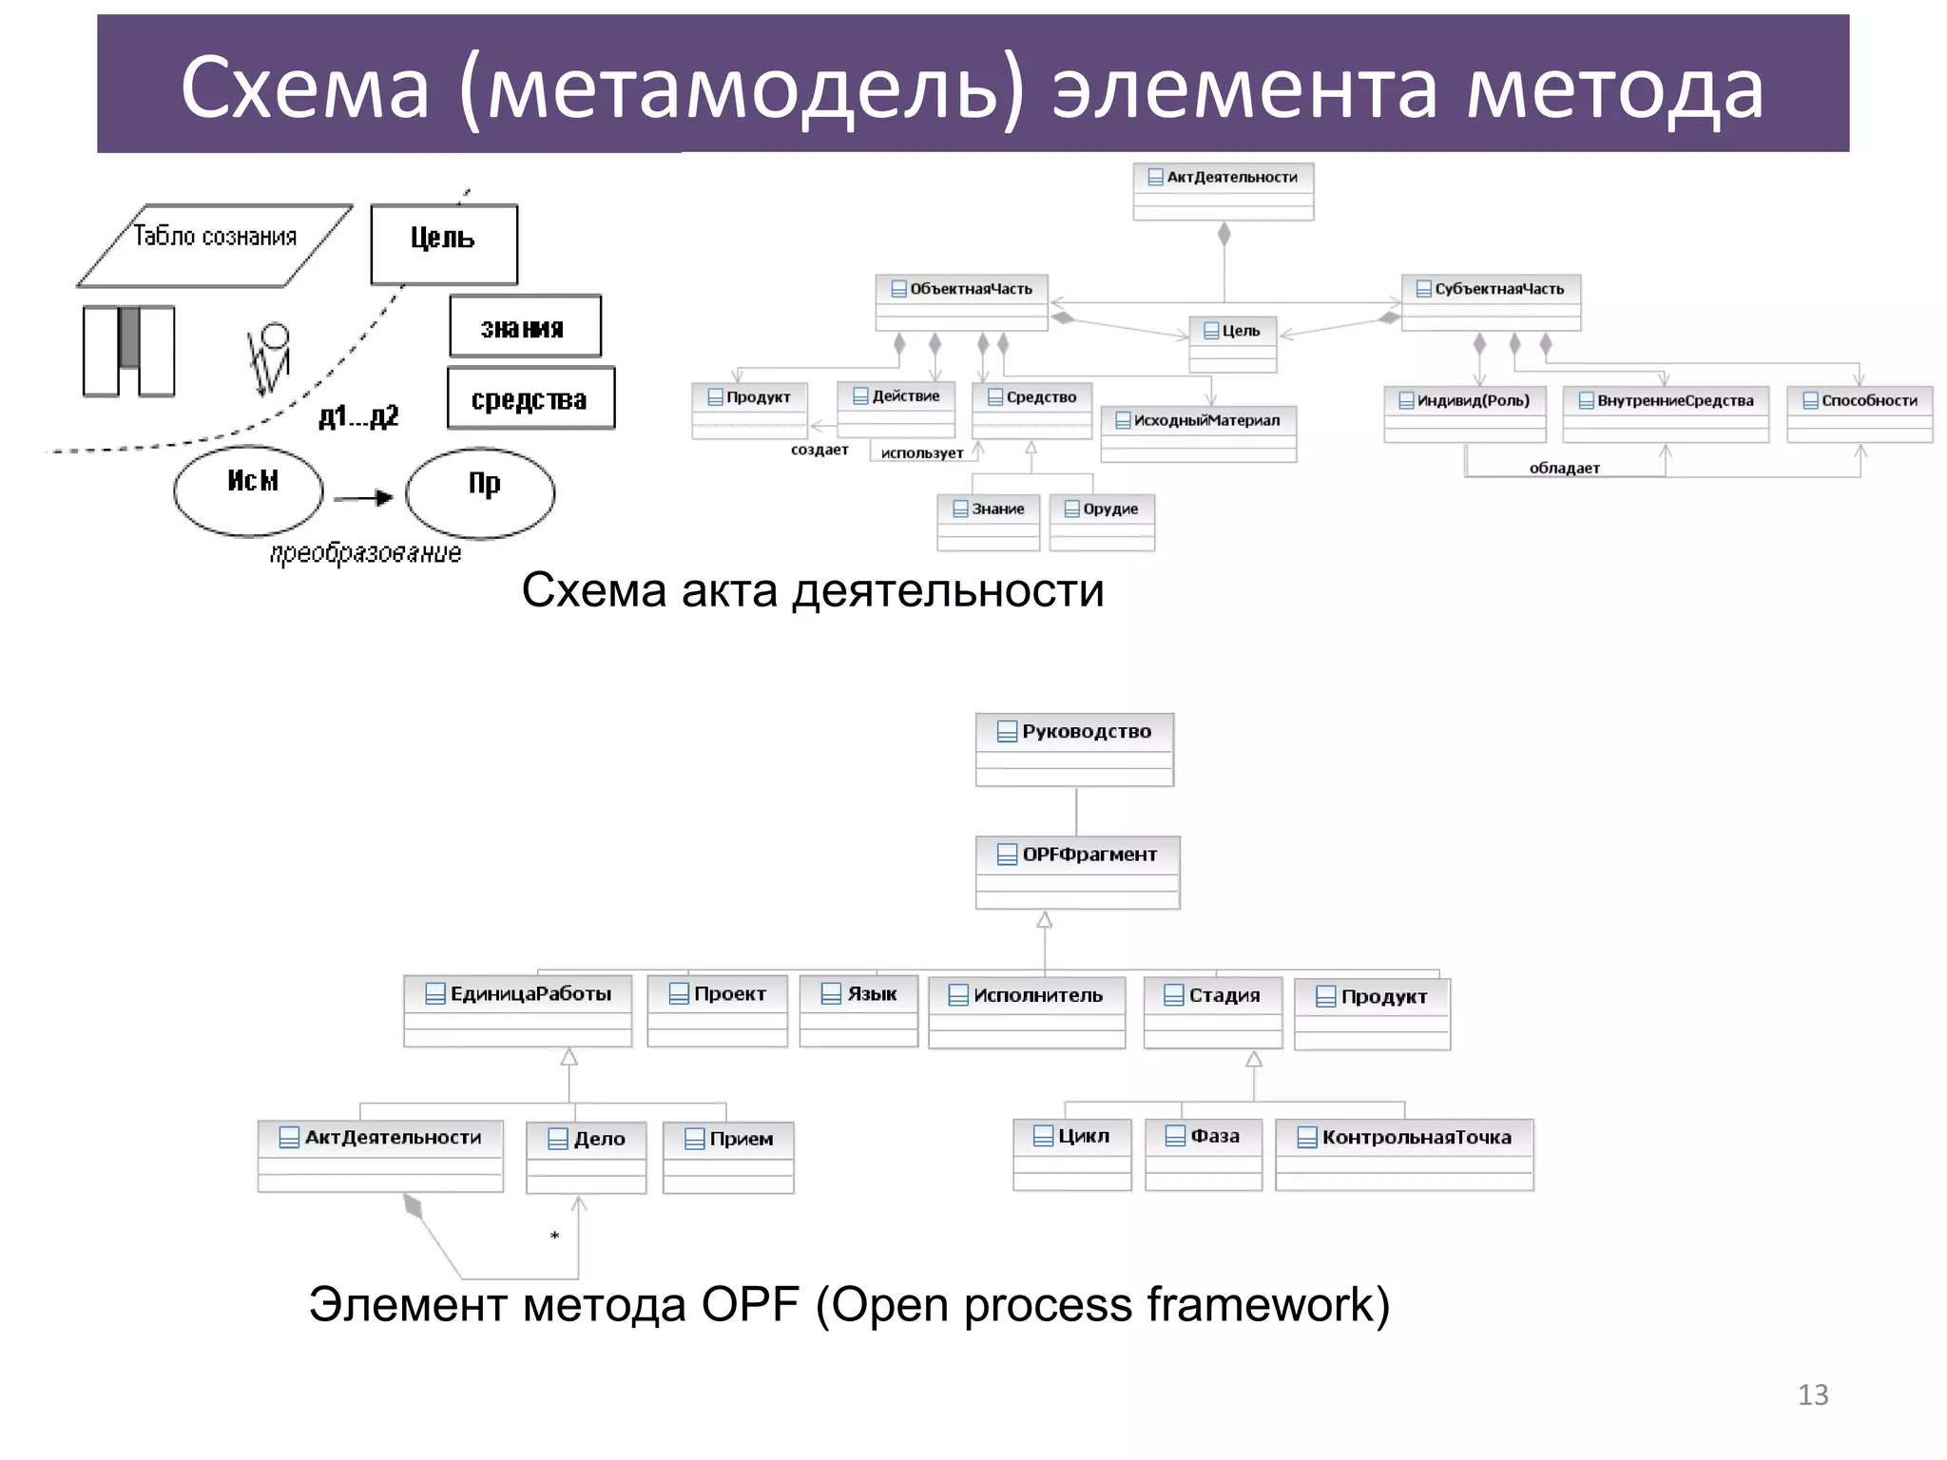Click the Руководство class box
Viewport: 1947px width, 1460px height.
tap(1074, 749)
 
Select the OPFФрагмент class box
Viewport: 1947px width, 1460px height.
tap(1077, 872)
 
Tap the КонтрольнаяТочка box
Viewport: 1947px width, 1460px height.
tap(1404, 1154)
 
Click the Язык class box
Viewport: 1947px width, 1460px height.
tap(858, 1010)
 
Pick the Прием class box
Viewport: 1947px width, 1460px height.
tap(728, 1157)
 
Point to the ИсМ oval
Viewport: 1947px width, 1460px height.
tap(249, 490)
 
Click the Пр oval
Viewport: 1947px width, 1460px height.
tap(480, 491)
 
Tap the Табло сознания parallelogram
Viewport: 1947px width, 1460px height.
tap(215, 245)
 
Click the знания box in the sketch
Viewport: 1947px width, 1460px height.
tap(525, 327)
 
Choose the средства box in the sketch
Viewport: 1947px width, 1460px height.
tap(530, 398)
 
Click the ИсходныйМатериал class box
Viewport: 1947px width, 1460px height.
tap(1198, 433)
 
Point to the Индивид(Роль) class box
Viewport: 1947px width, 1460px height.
tap(1464, 413)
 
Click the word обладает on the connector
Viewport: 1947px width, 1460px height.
tap(1564, 468)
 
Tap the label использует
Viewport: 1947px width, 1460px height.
tap(921, 453)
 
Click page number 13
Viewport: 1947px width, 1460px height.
tap(1812, 1394)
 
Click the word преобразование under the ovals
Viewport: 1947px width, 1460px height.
tap(366, 553)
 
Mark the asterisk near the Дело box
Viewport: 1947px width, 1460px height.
tap(554, 1236)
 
